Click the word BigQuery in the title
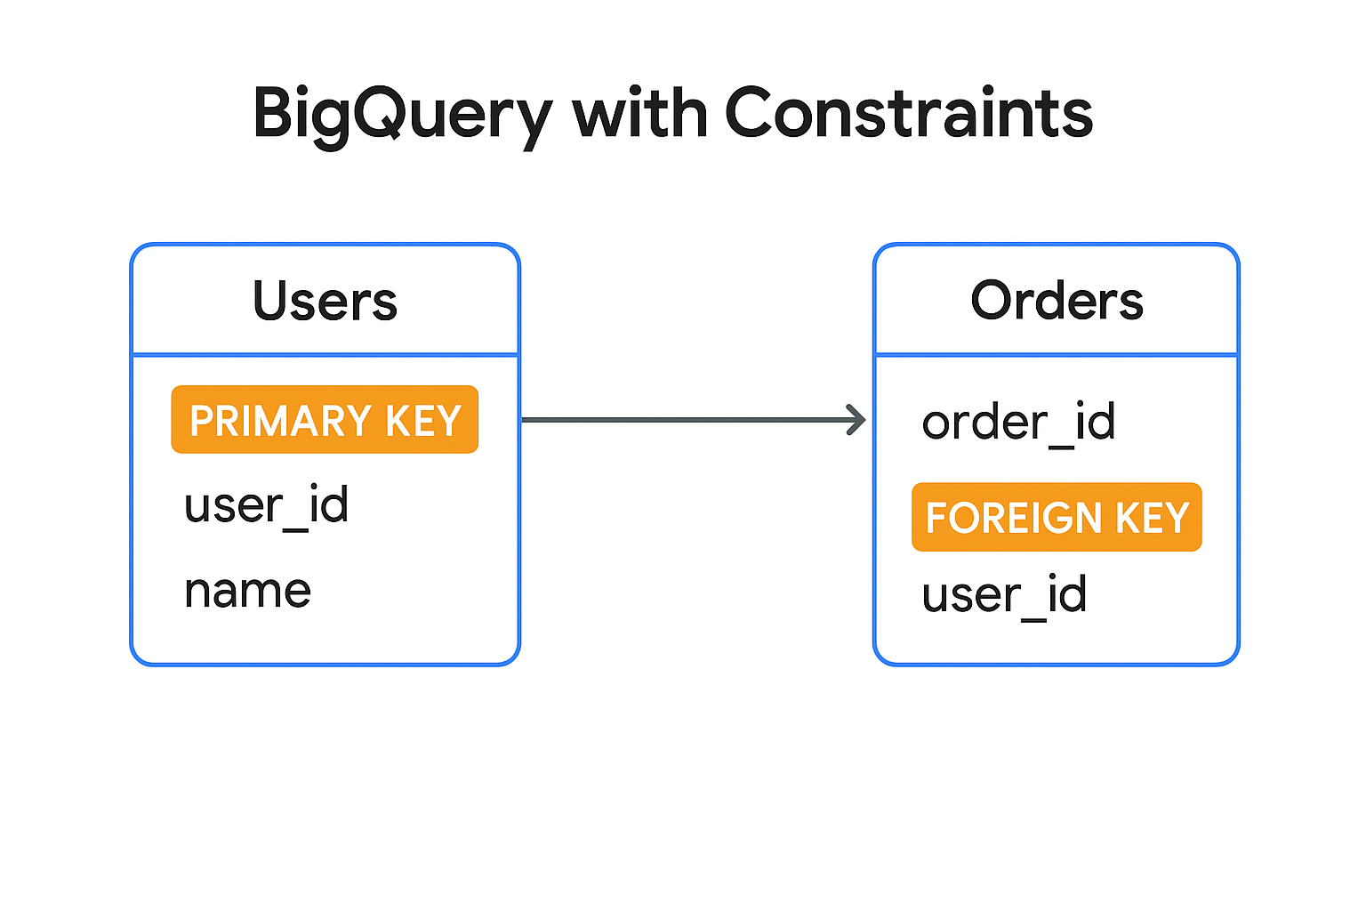point(403,116)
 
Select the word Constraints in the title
point(909,112)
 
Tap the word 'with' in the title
point(639,112)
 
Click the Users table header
point(325,301)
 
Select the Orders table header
point(1057,301)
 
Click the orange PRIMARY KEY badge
point(325,419)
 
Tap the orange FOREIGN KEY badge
point(1057,517)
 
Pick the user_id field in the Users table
point(267,506)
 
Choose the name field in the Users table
point(247,592)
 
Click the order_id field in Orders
point(1019,423)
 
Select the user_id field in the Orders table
point(1004,595)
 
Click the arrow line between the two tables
point(694,420)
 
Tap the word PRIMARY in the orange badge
point(280,421)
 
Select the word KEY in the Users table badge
point(423,421)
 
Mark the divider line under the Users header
point(325,354)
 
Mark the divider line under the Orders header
point(1057,354)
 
